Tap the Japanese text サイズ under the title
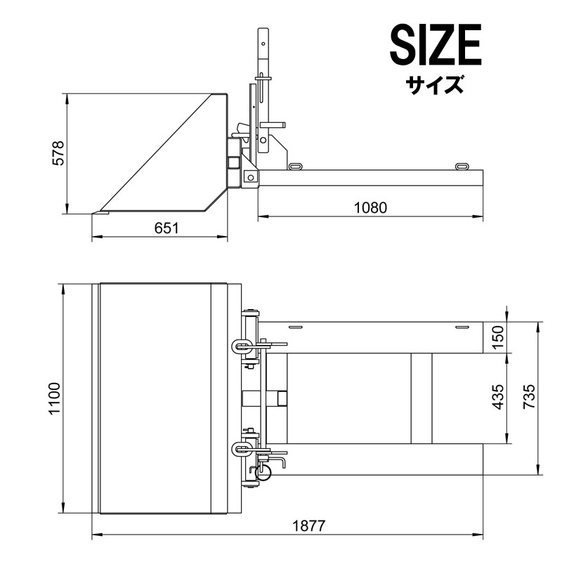435,85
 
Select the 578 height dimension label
58,153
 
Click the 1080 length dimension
371,207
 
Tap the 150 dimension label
498,337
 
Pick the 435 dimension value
498,398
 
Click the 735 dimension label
530,398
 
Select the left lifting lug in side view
295,166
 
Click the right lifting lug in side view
462,166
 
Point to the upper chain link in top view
240,345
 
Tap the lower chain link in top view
240,447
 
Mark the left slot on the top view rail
296,327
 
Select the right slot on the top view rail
461,327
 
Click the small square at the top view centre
282,398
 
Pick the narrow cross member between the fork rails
421,398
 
